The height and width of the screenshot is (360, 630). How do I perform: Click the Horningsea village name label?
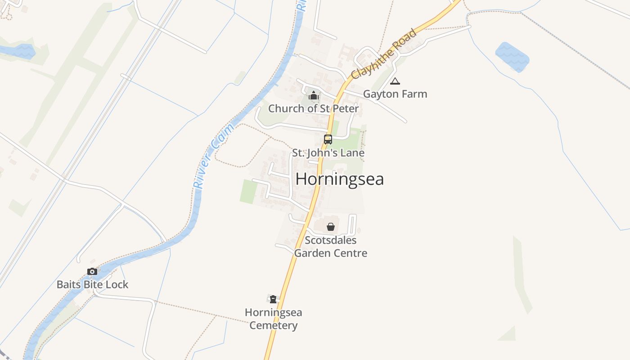click(340, 179)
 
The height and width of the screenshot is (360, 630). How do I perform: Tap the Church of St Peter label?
click(314, 108)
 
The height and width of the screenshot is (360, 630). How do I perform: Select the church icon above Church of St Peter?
click(314, 95)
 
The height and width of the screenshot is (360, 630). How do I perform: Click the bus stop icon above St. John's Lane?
click(328, 139)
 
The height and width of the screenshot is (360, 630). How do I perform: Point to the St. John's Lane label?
click(328, 153)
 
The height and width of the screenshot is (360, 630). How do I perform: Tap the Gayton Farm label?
click(395, 94)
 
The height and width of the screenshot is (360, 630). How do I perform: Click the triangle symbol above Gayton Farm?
click(395, 81)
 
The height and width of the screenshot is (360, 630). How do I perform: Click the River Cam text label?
click(214, 156)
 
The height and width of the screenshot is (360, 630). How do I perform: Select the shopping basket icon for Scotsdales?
click(331, 227)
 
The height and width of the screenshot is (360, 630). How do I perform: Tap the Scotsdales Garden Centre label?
click(331, 247)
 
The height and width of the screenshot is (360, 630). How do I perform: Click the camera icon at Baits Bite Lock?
click(92, 271)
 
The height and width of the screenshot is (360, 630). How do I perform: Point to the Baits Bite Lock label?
click(92, 284)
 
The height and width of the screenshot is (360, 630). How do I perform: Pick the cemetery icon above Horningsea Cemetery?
click(273, 299)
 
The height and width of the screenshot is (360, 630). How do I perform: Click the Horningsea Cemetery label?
click(274, 319)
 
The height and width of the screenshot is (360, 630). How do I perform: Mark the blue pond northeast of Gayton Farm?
click(512, 57)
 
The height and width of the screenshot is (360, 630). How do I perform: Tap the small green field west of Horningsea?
click(248, 192)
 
